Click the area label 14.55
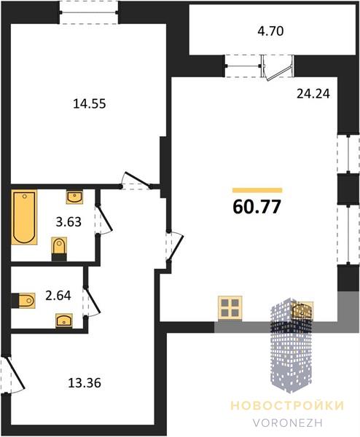90,103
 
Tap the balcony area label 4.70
270,31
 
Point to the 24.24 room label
313,94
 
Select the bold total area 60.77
257,207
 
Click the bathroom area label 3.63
69,222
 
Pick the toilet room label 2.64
58,296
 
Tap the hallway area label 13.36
85,383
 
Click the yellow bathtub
24,217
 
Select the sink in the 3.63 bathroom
74,197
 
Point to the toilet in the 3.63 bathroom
60,248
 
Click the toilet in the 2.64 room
23,300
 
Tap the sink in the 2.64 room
64,320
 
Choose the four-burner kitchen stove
230,307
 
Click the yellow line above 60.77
257,190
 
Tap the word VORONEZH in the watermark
288,422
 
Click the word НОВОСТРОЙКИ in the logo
288,406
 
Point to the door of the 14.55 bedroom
136,181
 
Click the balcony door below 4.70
278,68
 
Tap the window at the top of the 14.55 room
89,12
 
